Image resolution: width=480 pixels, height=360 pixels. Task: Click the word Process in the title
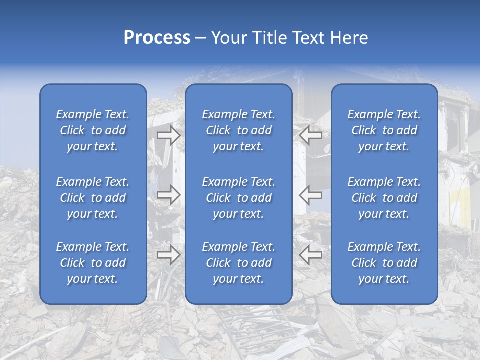tap(157, 38)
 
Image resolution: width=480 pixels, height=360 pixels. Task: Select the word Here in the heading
tap(349, 38)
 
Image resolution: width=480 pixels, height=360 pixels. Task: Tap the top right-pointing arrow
tap(168, 135)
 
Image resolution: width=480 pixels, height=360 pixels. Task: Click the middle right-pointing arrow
tap(168, 194)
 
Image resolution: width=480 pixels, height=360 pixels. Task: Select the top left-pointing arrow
tap(310, 135)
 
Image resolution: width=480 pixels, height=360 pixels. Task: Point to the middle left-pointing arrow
tap(310, 194)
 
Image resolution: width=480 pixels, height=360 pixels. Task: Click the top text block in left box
tap(93, 130)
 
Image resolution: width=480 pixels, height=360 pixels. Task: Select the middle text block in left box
tap(93, 198)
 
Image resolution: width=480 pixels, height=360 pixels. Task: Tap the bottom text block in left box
tap(93, 263)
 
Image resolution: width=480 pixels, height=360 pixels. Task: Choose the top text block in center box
tap(238, 130)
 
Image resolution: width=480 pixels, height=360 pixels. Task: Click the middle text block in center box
tap(238, 198)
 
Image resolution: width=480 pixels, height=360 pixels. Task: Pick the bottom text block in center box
tap(238, 263)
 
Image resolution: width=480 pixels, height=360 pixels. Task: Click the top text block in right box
tap(384, 130)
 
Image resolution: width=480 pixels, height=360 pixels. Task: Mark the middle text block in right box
tap(384, 198)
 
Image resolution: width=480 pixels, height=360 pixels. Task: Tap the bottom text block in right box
tap(384, 263)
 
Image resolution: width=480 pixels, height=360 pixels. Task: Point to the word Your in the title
tap(229, 38)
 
